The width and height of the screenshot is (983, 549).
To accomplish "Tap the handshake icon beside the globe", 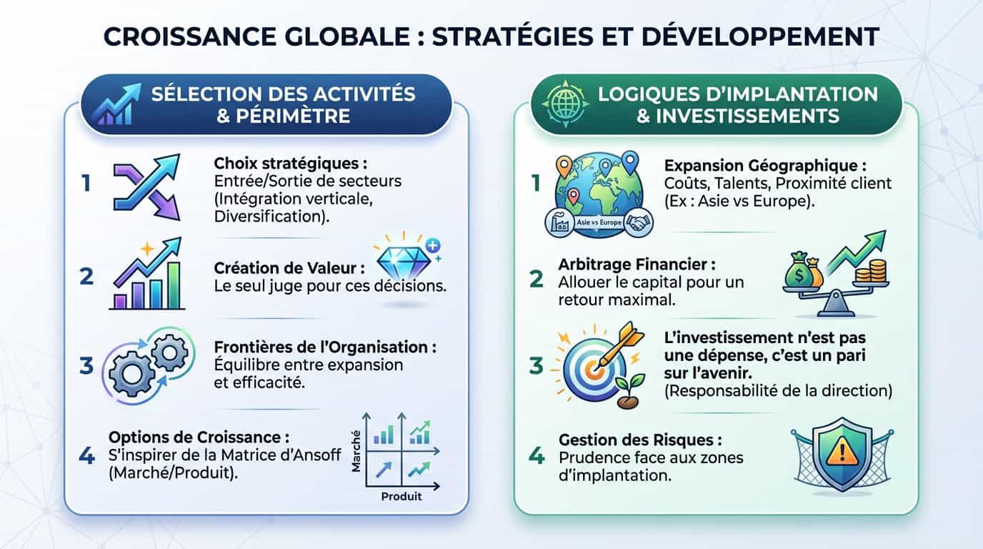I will (x=635, y=224).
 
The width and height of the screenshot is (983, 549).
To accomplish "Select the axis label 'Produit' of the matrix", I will (x=401, y=495).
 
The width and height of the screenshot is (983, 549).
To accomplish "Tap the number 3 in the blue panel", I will (x=86, y=366).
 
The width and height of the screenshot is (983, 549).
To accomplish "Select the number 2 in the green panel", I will (x=537, y=278).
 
